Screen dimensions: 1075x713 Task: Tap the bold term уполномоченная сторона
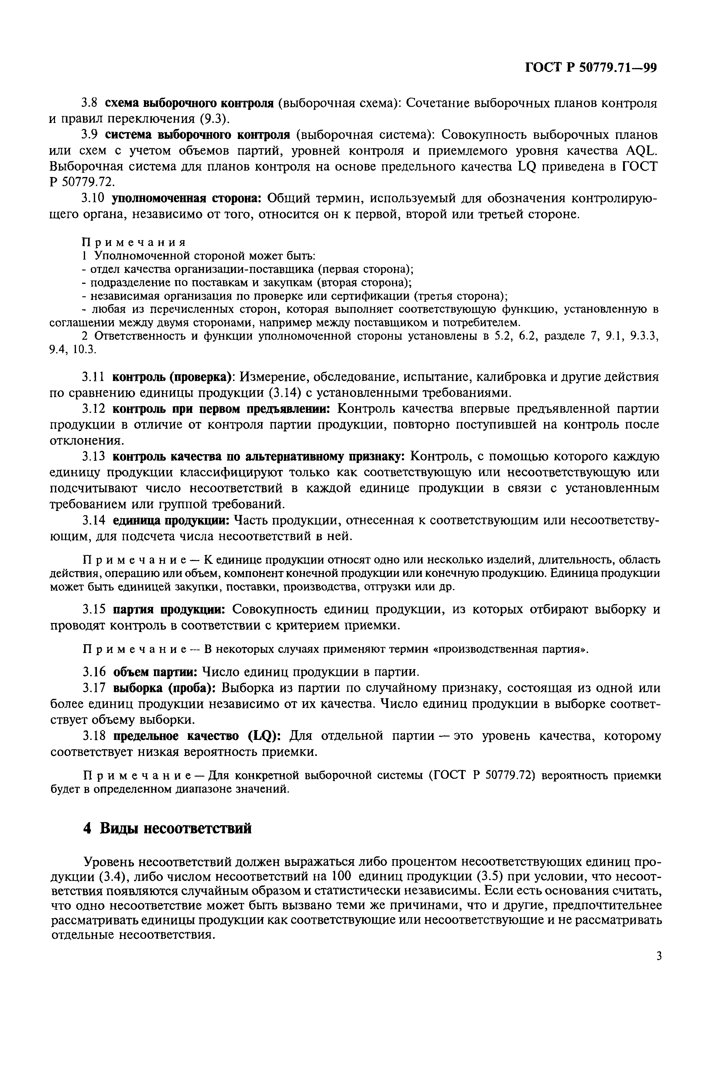tap(186, 199)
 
